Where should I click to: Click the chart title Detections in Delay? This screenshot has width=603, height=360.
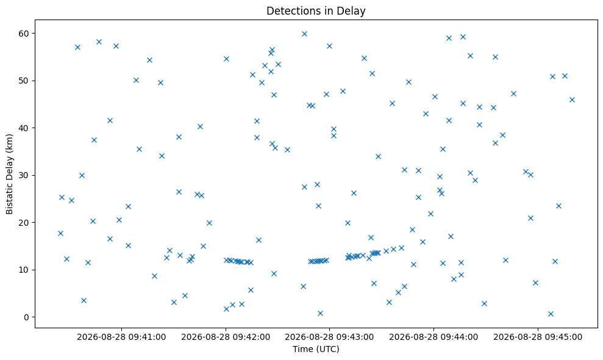[316, 11]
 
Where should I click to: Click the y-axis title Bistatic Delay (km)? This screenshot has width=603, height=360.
[10, 174]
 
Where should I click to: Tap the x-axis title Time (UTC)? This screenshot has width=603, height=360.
[316, 349]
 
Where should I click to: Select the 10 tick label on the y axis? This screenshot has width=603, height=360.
[24, 270]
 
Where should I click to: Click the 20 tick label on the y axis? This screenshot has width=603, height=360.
[24, 223]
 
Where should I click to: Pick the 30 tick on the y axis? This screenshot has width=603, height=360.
[24, 175]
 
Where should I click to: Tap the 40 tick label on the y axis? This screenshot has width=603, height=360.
[24, 128]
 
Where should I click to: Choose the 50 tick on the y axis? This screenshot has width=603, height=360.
[24, 81]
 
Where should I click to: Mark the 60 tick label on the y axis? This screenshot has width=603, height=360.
[24, 34]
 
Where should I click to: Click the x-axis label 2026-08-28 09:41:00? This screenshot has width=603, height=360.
[121, 337]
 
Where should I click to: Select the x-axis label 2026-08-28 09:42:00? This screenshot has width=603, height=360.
[226, 337]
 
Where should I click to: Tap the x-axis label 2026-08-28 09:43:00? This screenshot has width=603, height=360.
[330, 337]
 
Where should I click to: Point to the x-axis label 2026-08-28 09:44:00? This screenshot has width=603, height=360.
[434, 337]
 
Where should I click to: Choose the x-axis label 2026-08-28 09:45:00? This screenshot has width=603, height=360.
[538, 337]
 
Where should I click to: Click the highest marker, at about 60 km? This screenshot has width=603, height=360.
[304, 34]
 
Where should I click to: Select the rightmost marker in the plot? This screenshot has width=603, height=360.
[572, 99]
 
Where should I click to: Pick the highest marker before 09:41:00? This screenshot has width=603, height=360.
[99, 41]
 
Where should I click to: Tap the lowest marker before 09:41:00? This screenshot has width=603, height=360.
[84, 300]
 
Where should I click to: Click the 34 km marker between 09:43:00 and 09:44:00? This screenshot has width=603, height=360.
[378, 156]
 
